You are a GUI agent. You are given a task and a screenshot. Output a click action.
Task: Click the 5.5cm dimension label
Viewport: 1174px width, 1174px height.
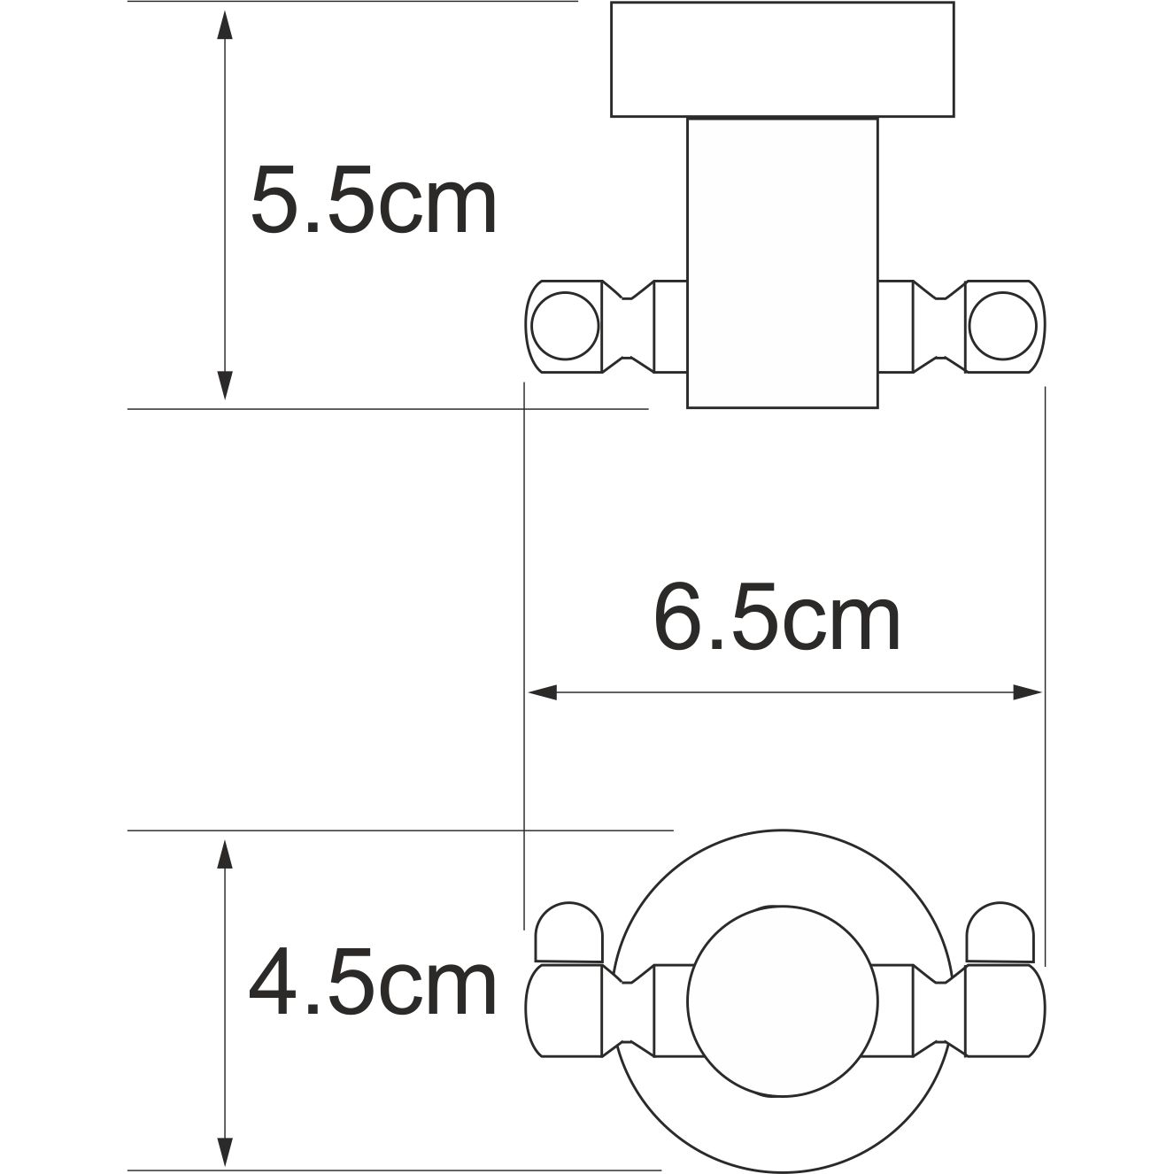click(374, 202)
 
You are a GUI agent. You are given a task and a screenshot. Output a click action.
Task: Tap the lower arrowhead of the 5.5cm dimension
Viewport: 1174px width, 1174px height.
click(225, 384)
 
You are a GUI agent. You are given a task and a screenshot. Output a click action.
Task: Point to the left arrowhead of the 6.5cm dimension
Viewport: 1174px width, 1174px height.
click(542, 691)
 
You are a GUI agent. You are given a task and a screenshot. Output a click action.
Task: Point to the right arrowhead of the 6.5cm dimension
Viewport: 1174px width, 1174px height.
click(1028, 691)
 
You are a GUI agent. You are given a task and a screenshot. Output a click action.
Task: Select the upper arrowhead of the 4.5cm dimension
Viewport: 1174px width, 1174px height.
click(225, 855)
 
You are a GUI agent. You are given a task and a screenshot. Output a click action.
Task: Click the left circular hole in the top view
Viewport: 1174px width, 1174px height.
click(565, 326)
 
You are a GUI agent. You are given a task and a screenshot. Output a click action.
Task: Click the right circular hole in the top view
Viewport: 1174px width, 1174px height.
click(1002, 326)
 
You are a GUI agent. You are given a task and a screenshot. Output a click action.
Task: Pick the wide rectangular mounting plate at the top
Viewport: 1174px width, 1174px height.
click(782, 59)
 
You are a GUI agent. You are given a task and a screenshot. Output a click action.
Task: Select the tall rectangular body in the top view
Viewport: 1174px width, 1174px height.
click(782, 261)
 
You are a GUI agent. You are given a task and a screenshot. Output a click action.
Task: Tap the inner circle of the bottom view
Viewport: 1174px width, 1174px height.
click(782, 1001)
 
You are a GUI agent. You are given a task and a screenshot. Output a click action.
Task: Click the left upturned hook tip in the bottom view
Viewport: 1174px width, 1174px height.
click(569, 932)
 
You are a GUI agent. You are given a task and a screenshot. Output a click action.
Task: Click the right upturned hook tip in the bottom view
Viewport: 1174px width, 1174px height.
click(1000, 932)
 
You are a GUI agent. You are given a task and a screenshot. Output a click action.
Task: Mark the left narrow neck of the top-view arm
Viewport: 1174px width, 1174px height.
click(629, 326)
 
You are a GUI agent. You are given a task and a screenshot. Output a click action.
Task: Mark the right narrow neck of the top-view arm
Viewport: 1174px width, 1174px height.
click(938, 326)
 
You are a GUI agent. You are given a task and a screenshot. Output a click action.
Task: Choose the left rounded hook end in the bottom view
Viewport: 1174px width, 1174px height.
click(563, 1010)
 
